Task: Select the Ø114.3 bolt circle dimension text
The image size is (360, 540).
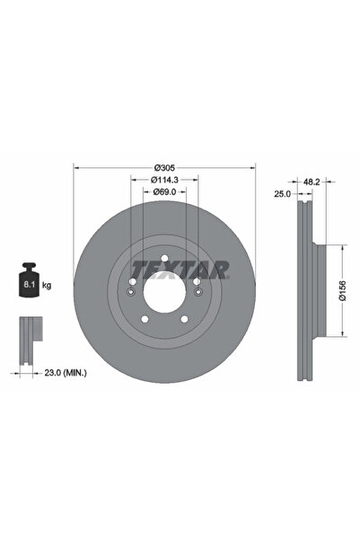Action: pos(163,180)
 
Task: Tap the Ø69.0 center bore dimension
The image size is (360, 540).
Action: pos(163,191)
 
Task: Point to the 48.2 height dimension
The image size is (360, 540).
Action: pos(310,181)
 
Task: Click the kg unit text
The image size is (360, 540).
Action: pos(47,285)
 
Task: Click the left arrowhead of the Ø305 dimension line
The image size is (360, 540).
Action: pos(75,168)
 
